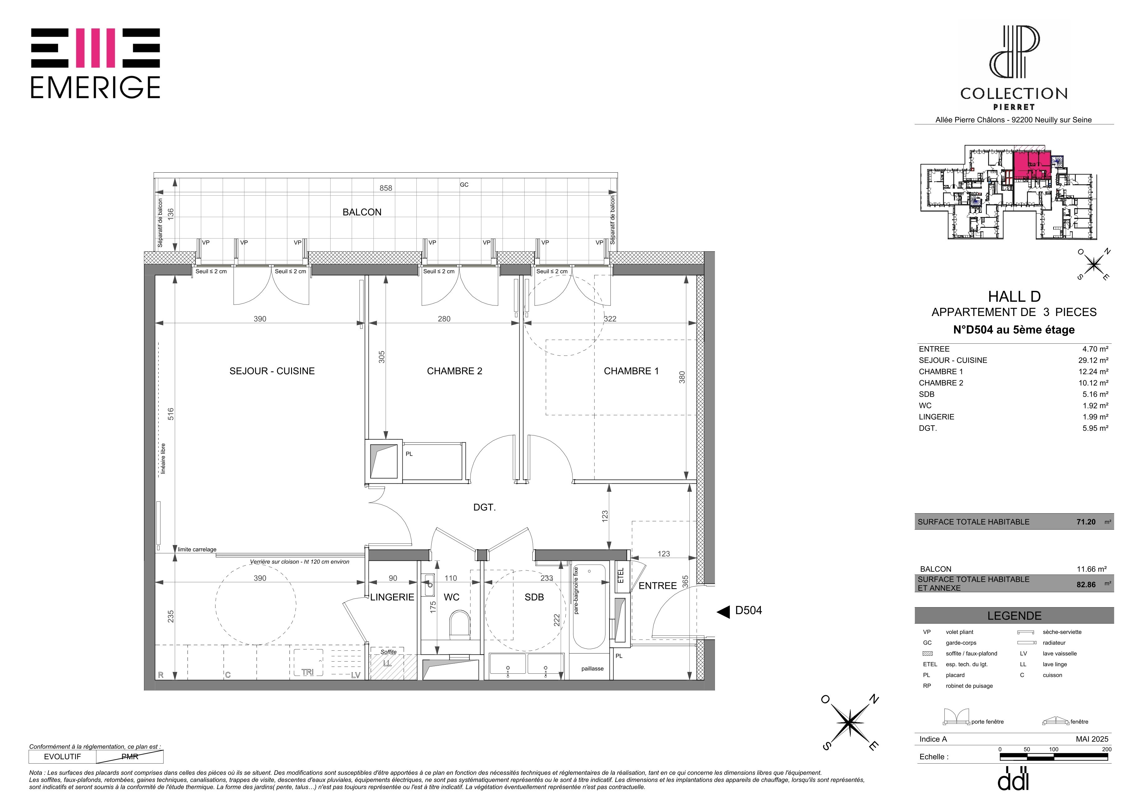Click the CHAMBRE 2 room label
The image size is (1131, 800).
tap(454, 371)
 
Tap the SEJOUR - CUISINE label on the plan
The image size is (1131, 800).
tap(272, 371)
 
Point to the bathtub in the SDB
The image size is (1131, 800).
tap(589, 607)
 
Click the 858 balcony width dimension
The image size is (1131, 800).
tap(386, 188)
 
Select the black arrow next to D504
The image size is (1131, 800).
tap(723, 612)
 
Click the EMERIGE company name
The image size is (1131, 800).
tap(95, 88)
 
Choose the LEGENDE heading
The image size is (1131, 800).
tap(1014, 616)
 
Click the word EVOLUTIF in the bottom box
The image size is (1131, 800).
tap(62, 757)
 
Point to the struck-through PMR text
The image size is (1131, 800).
tap(130, 757)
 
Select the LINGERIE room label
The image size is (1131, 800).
tap(392, 597)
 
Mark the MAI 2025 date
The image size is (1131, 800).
tap(1092, 739)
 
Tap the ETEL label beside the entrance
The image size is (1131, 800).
tap(621, 575)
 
